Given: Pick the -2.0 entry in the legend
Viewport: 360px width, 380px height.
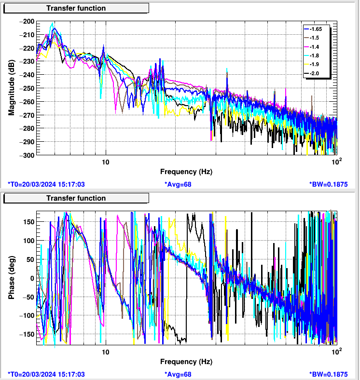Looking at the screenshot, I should (x=316, y=73).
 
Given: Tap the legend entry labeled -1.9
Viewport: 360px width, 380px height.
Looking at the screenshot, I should (x=316, y=65).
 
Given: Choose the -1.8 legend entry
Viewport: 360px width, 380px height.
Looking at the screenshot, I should (x=316, y=55).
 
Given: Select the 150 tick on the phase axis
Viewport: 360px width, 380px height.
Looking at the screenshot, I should (x=28, y=221).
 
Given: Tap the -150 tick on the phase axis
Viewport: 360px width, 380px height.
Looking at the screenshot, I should (x=27, y=334).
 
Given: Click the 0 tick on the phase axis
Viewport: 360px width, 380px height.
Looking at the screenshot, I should (x=32, y=278).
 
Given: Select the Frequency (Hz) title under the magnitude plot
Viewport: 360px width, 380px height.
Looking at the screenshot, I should (x=186, y=172).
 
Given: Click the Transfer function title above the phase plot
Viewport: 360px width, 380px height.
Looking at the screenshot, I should (x=76, y=198).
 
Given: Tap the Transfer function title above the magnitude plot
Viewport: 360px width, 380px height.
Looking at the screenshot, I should (x=76, y=8).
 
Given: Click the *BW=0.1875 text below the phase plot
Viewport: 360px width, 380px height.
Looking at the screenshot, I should (x=328, y=374).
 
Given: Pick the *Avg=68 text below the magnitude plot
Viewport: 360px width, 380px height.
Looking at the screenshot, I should (x=178, y=184).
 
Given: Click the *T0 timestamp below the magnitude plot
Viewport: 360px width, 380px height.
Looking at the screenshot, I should (x=47, y=184).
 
